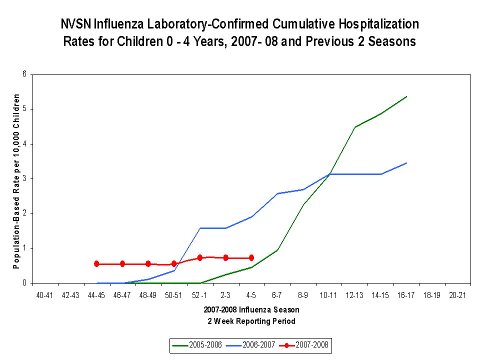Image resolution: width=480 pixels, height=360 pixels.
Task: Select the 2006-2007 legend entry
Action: tap(256, 345)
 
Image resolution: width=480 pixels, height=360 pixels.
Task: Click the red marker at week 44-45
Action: tap(96, 264)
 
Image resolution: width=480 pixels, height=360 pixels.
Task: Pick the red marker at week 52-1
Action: tap(200, 257)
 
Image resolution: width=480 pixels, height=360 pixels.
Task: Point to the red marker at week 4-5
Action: tap(251, 258)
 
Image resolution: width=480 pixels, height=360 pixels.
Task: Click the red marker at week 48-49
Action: tap(148, 264)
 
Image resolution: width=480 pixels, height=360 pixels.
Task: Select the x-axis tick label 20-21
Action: tap(457, 295)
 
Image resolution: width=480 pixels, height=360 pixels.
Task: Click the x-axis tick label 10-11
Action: tap(328, 295)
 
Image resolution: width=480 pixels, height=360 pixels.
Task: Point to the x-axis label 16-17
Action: tap(406, 295)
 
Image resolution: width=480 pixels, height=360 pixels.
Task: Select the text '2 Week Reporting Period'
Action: tap(251, 321)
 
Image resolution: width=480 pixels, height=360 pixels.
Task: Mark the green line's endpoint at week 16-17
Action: tap(406, 96)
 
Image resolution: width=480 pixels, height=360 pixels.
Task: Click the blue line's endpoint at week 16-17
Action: tap(406, 163)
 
